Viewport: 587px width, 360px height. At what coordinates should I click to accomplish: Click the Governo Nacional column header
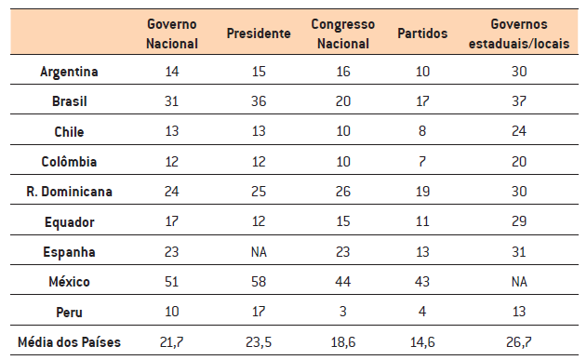(173, 33)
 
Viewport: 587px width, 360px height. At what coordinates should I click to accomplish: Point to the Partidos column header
(422, 34)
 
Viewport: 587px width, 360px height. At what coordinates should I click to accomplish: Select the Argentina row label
(70, 72)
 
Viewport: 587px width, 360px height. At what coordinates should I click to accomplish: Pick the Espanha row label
(71, 252)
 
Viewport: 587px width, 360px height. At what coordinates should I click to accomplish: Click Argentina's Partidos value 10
(422, 72)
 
